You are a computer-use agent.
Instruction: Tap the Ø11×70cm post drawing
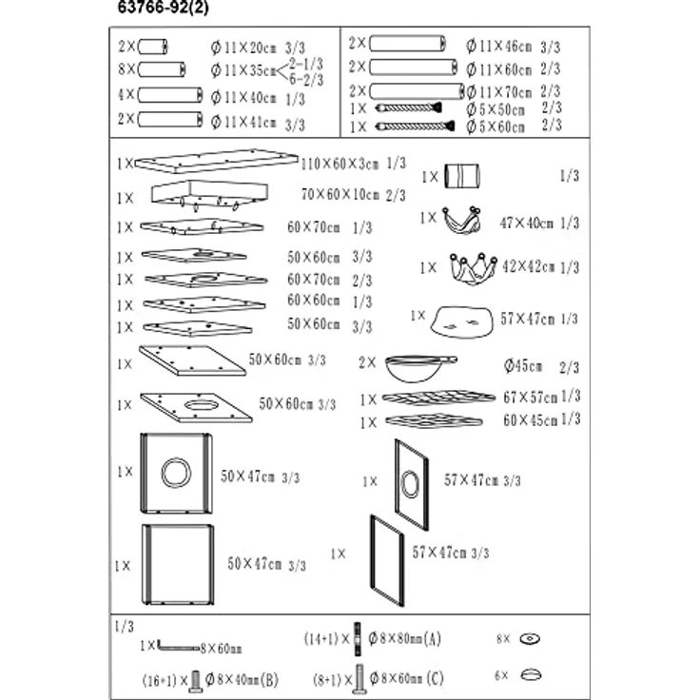coord(416,91)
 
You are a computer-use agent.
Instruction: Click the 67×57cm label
coord(531,397)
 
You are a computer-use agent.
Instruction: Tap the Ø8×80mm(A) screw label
coord(406,637)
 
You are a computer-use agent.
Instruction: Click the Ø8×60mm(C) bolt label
coord(406,679)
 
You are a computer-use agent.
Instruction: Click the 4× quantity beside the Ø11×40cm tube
coord(127,95)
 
